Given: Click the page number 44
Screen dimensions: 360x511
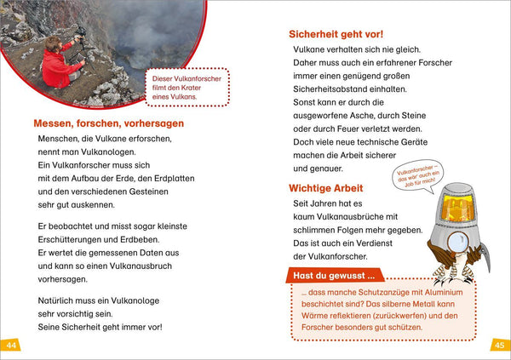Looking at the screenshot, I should [11, 345].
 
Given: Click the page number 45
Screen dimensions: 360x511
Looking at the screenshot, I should [500, 345].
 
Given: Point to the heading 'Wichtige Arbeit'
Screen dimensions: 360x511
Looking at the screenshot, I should [326, 187].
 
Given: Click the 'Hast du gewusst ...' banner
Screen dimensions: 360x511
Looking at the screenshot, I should [334, 276].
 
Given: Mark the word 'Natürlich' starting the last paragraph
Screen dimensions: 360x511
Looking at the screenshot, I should [57, 300].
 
